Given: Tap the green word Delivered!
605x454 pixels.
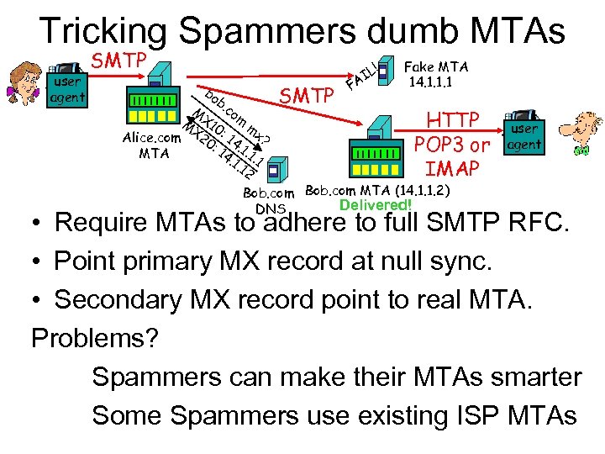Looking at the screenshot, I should coord(376,205).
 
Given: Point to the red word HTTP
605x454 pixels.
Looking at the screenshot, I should coord(453,119).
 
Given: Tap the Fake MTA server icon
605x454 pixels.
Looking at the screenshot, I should coord(386,71).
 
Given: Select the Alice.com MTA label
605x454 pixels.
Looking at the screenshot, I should coord(151,145).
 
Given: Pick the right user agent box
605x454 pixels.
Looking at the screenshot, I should coord(523,136).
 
